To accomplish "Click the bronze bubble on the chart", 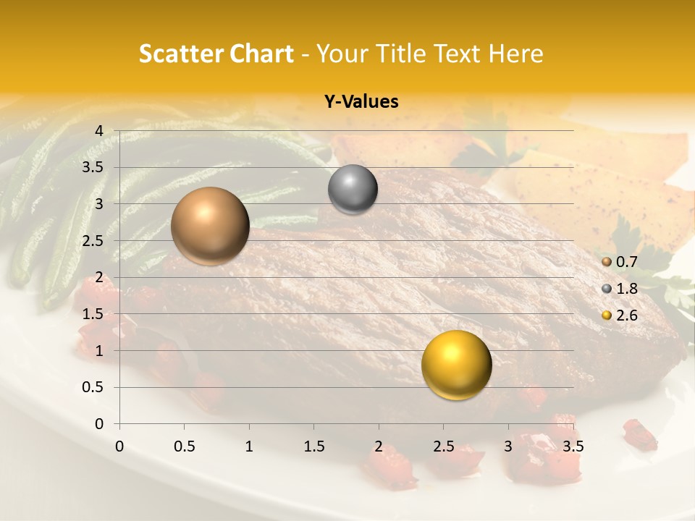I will pos(210,226).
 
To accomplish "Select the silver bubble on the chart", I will pos(353,190).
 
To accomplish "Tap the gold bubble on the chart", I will pos(456,365).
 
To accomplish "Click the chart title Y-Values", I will pos(361,102).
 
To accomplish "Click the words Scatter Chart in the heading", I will pos(216,54).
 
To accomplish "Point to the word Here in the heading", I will pos(515,54).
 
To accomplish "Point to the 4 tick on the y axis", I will pos(99,131).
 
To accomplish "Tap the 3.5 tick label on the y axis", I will pos(94,168).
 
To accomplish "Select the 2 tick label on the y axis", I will pos(99,278).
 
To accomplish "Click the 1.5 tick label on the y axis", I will pos(94,315).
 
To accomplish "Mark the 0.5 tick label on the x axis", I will pos(185,446).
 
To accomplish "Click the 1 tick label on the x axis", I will pos(249,446).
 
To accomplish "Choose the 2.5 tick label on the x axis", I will pos(443,446).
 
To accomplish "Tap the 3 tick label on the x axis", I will pos(508,446).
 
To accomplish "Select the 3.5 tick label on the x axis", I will pos(573,446).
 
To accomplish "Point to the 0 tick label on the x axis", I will pos(119,446).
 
